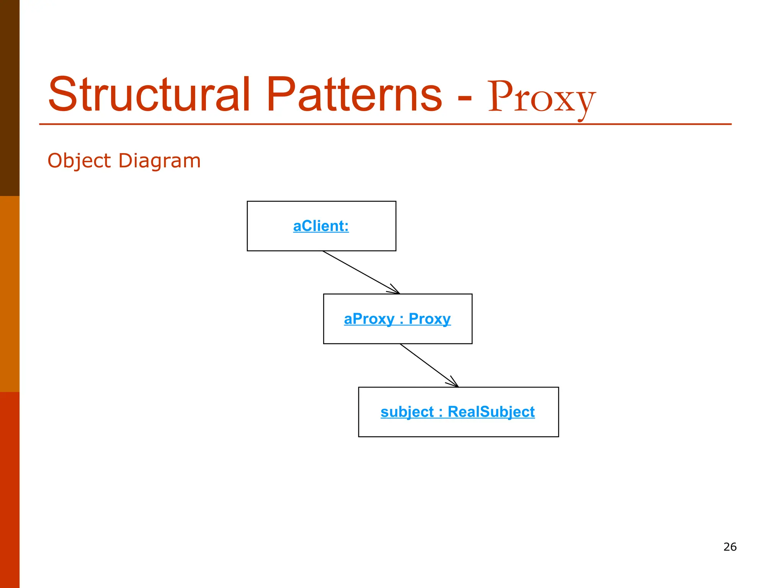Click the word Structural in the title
pyautogui.click(x=149, y=95)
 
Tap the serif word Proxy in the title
pyautogui.click(x=541, y=98)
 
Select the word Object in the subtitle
pyautogui.click(x=79, y=161)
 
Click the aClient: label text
pyautogui.click(x=321, y=226)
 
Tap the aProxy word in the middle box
pyautogui.click(x=369, y=319)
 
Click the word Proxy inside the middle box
pyautogui.click(x=430, y=319)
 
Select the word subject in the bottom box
pyautogui.click(x=407, y=412)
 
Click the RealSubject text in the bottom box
pyautogui.click(x=491, y=412)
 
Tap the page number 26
pyautogui.click(x=730, y=547)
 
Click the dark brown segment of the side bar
pyautogui.click(x=10, y=98)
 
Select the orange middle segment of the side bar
pyautogui.click(x=10, y=294)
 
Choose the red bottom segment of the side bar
pyautogui.click(x=10, y=490)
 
